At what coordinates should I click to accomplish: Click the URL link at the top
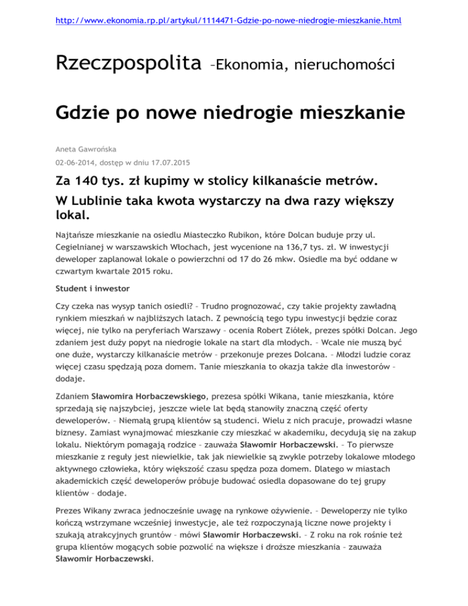pos(234,21)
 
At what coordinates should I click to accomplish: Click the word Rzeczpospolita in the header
pos(129,62)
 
